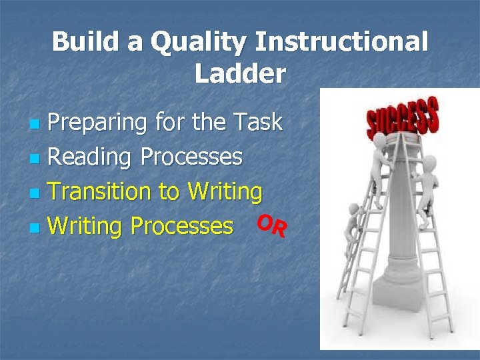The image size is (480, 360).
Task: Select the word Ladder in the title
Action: (240, 74)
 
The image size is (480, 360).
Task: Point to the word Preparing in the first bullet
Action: (98, 123)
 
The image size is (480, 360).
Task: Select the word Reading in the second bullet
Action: (90, 157)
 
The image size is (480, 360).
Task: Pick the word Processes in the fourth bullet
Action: (182, 227)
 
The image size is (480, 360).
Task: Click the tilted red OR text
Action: (273, 225)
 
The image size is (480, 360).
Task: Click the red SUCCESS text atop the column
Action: (403, 119)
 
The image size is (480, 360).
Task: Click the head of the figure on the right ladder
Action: (430, 162)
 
